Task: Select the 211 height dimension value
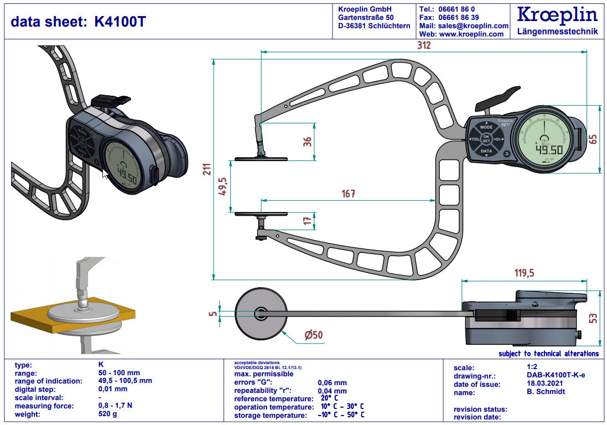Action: click(x=206, y=169)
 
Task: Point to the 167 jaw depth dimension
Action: click(x=348, y=194)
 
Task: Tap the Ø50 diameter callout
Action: click(x=313, y=335)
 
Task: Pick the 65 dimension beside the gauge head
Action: click(x=593, y=138)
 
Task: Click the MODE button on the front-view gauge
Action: click(x=486, y=127)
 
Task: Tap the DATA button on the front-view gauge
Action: click(x=486, y=151)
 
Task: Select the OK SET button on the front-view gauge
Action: click(x=486, y=139)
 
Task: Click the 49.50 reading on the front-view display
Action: click(x=548, y=149)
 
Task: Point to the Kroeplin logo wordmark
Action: click(x=557, y=14)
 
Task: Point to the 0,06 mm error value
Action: click(x=332, y=382)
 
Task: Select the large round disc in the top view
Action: click(x=260, y=314)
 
